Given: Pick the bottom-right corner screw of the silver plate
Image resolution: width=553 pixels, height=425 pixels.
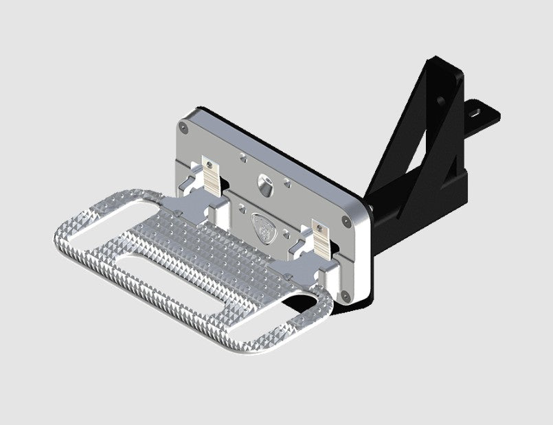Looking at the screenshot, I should tap(346, 296).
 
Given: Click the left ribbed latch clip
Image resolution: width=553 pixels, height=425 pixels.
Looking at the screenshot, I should tap(212, 176).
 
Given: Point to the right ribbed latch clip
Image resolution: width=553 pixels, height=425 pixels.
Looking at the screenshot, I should tap(321, 236).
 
